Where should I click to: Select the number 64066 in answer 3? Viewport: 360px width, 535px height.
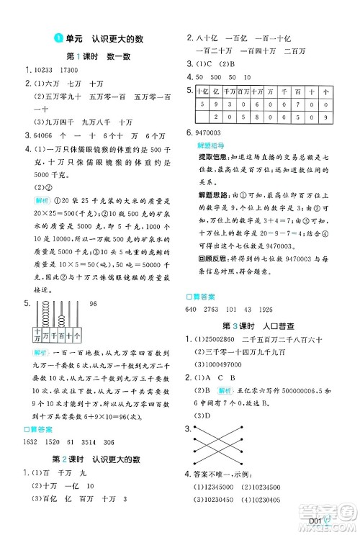tap(37, 135)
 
